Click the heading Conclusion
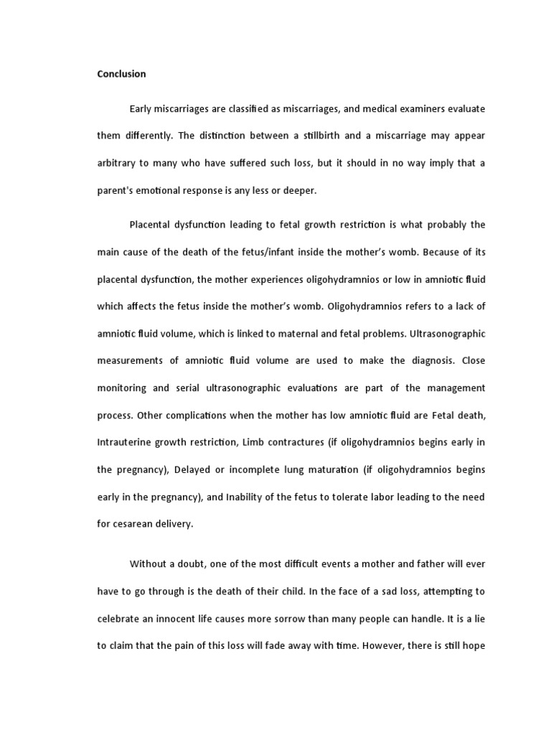coord(121,74)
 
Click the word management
coord(456,388)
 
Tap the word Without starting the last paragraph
coord(149,564)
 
